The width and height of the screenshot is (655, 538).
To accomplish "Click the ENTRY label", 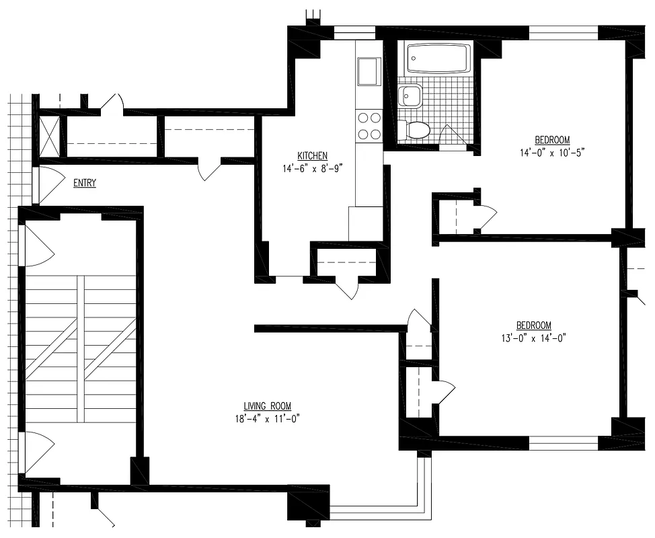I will [x=84, y=183].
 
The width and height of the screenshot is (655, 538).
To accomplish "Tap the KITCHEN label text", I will [x=312, y=156].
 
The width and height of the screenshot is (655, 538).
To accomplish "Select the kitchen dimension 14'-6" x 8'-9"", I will [x=312, y=169].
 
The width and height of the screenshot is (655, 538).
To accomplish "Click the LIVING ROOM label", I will [x=267, y=406].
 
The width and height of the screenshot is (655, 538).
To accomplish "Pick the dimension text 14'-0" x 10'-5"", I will [x=552, y=153].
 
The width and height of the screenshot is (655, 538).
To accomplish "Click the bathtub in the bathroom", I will [x=439, y=59].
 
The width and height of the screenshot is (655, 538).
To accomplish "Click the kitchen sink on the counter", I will [x=369, y=71].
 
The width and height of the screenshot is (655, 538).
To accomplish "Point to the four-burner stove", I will [x=369, y=126].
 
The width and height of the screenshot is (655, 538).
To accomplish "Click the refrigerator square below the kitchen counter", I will [x=365, y=223].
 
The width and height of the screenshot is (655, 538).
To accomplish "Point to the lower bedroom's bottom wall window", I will [x=563, y=443].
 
